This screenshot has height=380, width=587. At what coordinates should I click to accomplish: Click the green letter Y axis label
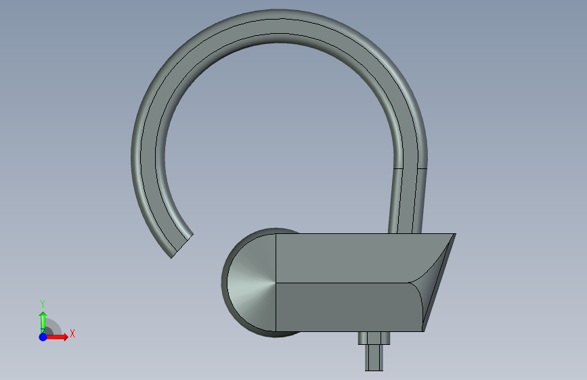point(43,304)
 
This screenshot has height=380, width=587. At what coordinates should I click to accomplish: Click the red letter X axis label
point(72,333)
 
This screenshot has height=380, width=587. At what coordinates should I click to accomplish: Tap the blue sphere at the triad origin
point(43,337)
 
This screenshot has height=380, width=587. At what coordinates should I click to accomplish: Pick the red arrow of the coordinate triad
point(57,337)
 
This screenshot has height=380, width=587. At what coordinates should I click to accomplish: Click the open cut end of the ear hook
point(182,246)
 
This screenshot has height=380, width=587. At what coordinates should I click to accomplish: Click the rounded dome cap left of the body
point(250,283)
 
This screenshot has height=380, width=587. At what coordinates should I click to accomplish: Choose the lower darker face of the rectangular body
point(348,308)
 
